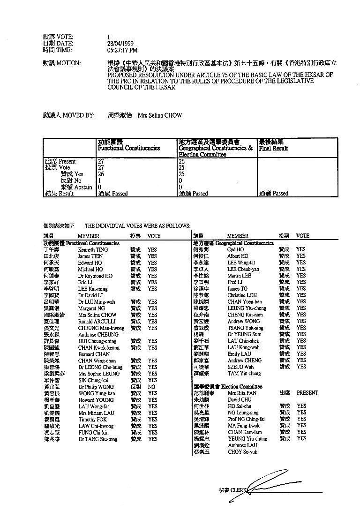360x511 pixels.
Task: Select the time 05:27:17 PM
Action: tap(122, 49)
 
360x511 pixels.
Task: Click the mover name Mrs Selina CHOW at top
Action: tap(160, 115)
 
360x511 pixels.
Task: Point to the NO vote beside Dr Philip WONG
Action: tap(151, 387)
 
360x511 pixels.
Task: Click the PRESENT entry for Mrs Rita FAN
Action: tap(307, 393)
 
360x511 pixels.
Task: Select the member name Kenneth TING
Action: tap(93, 250)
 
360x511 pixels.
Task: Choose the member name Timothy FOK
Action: tap(90, 420)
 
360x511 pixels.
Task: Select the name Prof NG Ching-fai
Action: tap(247, 419)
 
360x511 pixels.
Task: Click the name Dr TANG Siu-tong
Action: tap(97, 439)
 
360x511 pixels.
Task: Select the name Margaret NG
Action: tap(91, 308)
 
